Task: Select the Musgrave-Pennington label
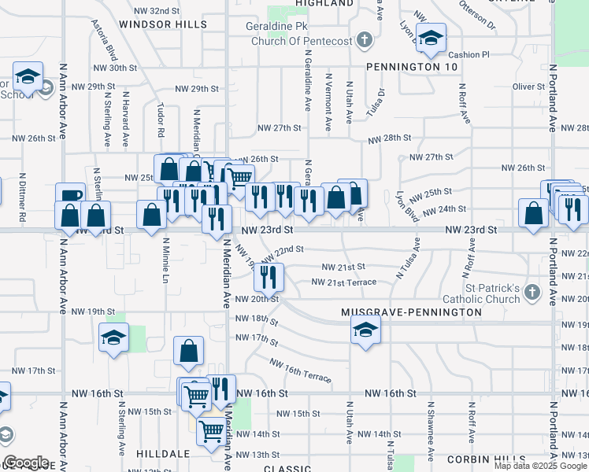[411, 312]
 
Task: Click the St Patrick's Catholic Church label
[483, 293]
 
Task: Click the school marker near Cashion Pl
[431, 38]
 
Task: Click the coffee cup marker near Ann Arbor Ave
[70, 196]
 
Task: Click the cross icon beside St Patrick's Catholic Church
[533, 293]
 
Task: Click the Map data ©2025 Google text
[541, 466]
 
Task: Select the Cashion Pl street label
[469, 54]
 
